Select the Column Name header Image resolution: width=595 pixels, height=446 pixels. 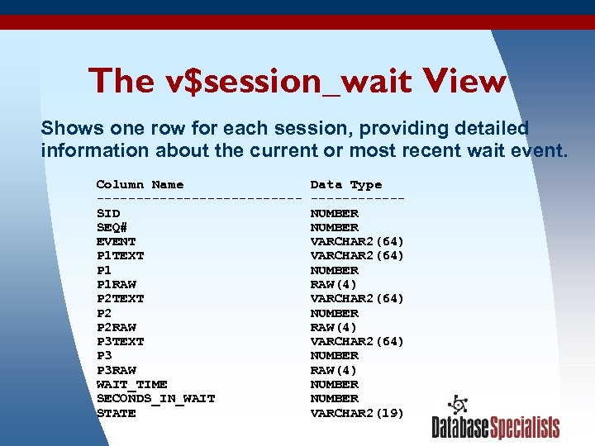click(140, 184)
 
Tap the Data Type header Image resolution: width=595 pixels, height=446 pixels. click(345, 184)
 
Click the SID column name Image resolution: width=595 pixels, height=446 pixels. click(108, 213)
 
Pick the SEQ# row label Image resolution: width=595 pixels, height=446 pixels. click(112, 227)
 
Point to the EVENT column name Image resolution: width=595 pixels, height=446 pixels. click(116, 241)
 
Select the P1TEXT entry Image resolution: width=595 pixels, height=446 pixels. click(120, 255)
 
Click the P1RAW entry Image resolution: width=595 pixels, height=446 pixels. click(116, 284)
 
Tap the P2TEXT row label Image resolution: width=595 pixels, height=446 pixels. click(120, 298)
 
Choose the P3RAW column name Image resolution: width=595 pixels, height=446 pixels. click(116, 370)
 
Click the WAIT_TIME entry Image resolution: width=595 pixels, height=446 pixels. click(131, 384)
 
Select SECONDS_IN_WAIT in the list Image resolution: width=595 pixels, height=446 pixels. click(155, 398)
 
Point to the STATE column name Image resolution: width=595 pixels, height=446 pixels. click(116, 413)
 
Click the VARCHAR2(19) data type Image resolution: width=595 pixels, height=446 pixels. click(357, 413)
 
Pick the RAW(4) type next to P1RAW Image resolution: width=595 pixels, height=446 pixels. click(334, 284)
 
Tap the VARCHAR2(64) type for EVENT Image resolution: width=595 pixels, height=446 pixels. click(357, 241)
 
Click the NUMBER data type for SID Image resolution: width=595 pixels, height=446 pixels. click(334, 213)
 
